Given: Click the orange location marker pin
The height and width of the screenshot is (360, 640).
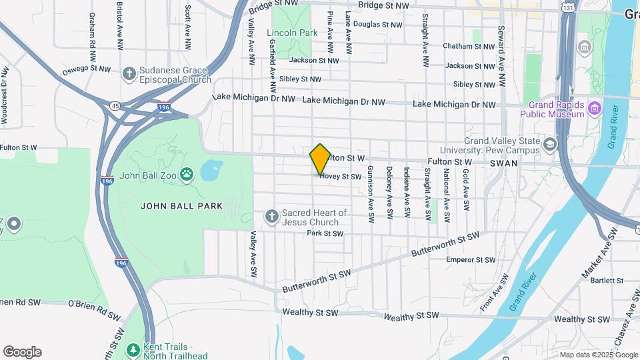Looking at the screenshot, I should pyautogui.click(x=320, y=159).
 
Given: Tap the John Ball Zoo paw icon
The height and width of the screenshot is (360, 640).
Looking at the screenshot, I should pyautogui.click(x=188, y=176).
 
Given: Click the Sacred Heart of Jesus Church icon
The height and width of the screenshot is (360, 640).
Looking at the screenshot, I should pyautogui.click(x=271, y=216).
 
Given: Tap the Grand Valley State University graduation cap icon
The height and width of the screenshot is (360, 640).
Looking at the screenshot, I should pyautogui.click(x=549, y=144).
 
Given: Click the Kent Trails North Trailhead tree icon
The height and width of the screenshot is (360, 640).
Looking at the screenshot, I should pyautogui.click(x=133, y=349).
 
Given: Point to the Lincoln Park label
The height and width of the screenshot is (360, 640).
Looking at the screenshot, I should pyautogui.click(x=291, y=33).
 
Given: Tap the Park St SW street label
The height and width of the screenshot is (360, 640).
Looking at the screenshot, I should pyautogui.click(x=325, y=233).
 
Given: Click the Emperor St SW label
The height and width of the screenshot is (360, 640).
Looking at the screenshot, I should pyautogui.click(x=471, y=259).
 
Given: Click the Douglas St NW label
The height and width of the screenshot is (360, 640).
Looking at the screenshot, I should pyautogui.click(x=377, y=25).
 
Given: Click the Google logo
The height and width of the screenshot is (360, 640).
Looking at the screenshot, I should pyautogui.click(x=22, y=352).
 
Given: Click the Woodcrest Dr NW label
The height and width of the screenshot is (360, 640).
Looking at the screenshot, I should pyautogui.click(x=5, y=95).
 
